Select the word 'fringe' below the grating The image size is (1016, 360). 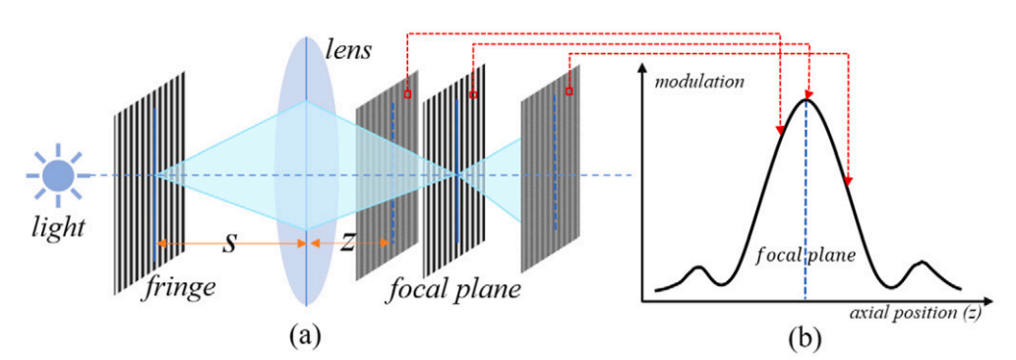pyautogui.click(x=181, y=288)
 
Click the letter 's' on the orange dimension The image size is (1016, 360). pyautogui.click(x=229, y=241)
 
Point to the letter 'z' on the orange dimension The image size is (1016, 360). pyautogui.click(x=348, y=242)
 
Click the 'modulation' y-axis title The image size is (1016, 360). pyautogui.click(x=700, y=82)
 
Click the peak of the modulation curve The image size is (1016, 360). pyautogui.click(x=807, y=98)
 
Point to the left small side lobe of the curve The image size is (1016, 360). pyautogui.click(x=699, y=268)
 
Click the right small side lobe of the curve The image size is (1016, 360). pyautogui.click(x=923, y=265)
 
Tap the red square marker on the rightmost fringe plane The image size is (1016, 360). pyautogui.click(x=568, y=90)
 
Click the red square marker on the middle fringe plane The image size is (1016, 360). pyautogui.click(x=473, y=94)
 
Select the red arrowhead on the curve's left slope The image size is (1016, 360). pyautogui.click(x=779, y=130)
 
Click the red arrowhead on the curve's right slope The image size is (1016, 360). pyautogui.click(x=848, y=180)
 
